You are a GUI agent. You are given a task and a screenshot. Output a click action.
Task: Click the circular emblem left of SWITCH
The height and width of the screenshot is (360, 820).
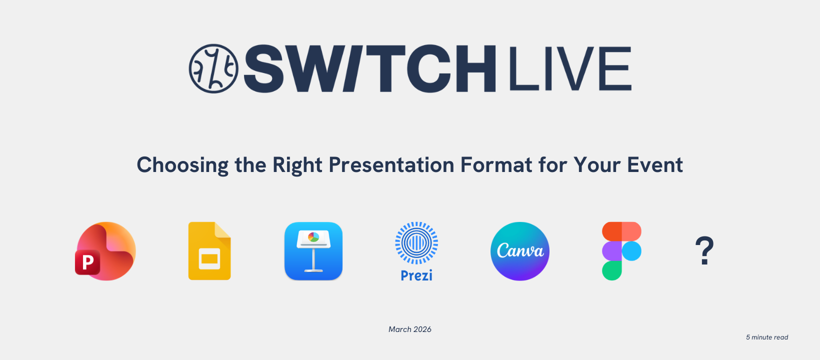(x=213, y=68)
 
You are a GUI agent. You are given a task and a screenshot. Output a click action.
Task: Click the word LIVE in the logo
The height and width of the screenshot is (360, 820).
(x=570, y=68)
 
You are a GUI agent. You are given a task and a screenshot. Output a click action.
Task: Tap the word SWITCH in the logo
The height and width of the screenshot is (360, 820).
(x=370, y=68)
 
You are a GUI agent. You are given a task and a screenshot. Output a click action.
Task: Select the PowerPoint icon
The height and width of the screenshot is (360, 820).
(x=105, y=251)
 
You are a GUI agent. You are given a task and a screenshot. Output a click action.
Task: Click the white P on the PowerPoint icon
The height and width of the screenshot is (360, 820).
(x=87, y=262)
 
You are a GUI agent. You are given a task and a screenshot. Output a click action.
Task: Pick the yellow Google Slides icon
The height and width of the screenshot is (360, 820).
(x=209, y=251)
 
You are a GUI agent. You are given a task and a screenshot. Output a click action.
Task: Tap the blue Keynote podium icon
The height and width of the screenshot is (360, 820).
(x=313, y=251)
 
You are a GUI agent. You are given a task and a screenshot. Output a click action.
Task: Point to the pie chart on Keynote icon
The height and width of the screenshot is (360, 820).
(x=313, y=237)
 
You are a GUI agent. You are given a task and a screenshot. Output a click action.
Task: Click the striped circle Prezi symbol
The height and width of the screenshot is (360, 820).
(x=416, y=243)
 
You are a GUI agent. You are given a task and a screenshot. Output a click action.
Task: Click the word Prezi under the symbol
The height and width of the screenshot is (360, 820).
(x=416, y=275)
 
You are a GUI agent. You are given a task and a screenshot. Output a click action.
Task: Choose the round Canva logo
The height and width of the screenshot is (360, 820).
(x=520, y=251)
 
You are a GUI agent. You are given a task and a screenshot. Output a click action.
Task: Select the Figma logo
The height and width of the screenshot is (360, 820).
(x=621, y=251)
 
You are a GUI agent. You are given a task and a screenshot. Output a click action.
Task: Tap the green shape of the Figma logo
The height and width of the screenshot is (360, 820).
(x=611, y=270)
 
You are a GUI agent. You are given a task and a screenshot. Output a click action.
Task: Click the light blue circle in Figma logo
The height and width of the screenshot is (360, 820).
(x=631, y=251)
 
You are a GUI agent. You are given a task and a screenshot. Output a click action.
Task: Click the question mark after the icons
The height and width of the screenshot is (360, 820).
(x=704, y=251)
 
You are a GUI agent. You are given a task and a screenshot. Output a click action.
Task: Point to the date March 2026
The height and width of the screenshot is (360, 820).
(x=410, y=329)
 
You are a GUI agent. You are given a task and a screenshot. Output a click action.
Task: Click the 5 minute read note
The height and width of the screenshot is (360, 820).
(x=767, y=337)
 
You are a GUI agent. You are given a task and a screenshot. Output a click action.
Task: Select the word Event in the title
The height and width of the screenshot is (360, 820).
(x=655, y=165)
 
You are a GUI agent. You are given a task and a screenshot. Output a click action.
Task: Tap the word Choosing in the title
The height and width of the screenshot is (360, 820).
(x=182, y=165)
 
